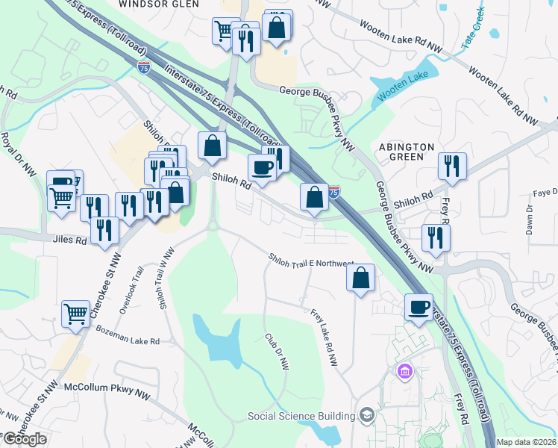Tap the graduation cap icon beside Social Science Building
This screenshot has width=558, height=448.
[366, 414]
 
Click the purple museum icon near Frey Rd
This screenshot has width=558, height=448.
[404, 371]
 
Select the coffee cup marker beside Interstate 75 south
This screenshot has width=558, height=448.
[418, 307]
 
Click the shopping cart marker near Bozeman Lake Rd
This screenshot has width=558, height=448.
[76, 314]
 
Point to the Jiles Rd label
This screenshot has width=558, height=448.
[71, 241]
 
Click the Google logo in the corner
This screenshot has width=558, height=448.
[25, 439]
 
